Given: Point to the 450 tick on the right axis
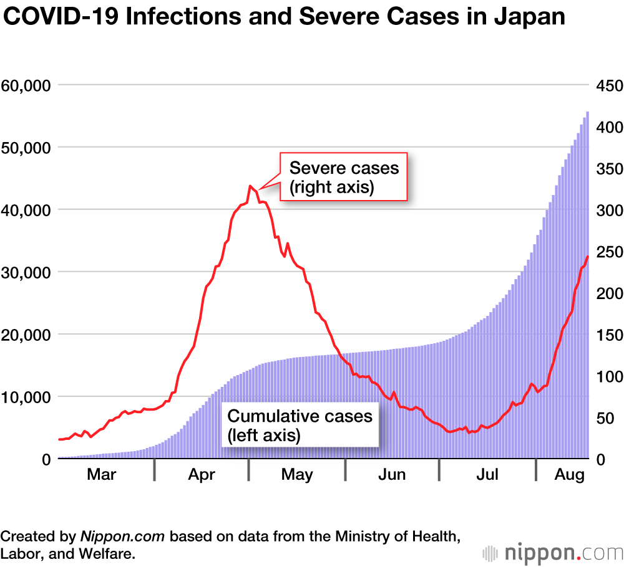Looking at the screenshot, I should pyautogui.click(x=608, y=85).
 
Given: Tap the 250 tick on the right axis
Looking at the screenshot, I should pyautogui.click(x=608, y=252).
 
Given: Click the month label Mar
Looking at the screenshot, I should pyautogui.click(x=101, y=475).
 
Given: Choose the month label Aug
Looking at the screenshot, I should pyautogui.click(x=569, y=475).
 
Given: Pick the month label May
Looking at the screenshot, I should pyautogui.click(x=297, y=475).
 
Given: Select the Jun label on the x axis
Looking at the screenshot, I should pyautogui.click(x=392, y=475).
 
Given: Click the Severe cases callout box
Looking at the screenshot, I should pyautogui.click(x=344, y=177).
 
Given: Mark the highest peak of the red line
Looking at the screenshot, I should pyautogui.click(x=250, y=186).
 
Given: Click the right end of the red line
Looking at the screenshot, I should pyautogui.click(x=587, y=257).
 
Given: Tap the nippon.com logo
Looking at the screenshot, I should pyautogui.click(x=552, y=551).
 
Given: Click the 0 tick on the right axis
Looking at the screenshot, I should pyautogui.click(x=600, y=459).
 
